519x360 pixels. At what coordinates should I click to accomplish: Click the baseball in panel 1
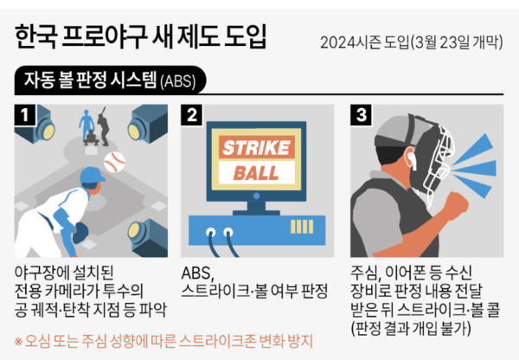pyautogui.click(x=114, y=163)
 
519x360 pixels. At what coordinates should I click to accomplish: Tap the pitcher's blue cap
pyautogui.click(x=93, y=175)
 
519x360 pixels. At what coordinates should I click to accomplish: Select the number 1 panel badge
pyautogui.click(x=25, y=115)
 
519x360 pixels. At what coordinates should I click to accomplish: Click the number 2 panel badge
pyautogui.click(x=192, y=115)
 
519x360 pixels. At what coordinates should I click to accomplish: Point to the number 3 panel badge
pyautogui.click(x=361, y=115)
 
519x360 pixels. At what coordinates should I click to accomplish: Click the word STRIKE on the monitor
pyautogui.click(x=257, y=147)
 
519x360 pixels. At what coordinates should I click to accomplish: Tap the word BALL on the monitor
pyautogui.click(x=256, y=173)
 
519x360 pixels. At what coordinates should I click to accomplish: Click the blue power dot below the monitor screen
pyautogui.click(x=256, y=196)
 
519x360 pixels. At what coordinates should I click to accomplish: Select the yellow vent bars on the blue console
pyautogui.click(x=302, y=227)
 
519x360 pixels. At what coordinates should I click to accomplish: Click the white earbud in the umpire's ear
pyautogui.click(x=412, y=159)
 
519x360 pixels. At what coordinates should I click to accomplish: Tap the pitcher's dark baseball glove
pyautogui.click(x=80, y=233)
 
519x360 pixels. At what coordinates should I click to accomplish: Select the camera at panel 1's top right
pyautogui.click(x=148, y=123)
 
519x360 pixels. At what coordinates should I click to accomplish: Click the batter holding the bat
pyautogui.click(x=103, y=126)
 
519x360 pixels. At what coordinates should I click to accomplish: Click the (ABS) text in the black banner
pyautogui.click(x=178, y=81)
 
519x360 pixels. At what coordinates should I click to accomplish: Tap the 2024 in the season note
pyautogui.click(x=338, y=42)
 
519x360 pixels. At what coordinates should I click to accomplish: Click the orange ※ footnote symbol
pyautogui.click(x=18, y=342)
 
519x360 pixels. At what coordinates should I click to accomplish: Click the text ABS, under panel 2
pyautogui.click(x=198, y=273)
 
